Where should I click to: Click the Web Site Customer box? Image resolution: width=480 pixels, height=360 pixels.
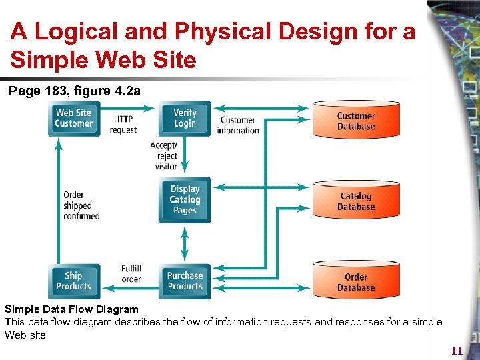point(73,118)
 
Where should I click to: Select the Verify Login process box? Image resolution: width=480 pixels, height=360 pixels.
point(185,118)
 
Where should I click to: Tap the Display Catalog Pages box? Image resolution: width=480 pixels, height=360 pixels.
point(185,199)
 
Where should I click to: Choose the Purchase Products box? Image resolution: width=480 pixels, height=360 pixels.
point(185,281)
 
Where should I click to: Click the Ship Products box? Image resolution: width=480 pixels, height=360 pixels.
point(73,281)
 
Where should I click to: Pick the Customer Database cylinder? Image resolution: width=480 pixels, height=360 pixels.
point(356,121)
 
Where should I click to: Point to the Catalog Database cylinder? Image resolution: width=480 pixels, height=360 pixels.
point(356,201)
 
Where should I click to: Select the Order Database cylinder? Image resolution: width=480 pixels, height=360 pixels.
point(356,281)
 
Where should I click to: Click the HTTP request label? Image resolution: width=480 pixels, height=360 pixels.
point(123,125)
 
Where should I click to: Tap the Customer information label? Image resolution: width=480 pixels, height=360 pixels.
point(238,125)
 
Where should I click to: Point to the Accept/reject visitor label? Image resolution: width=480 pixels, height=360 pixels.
point(164,155)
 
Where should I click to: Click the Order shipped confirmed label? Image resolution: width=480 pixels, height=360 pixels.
point(81,205)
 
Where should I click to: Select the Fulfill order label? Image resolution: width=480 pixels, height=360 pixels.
point(131,273)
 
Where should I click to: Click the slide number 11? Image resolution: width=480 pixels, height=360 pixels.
point(457,351)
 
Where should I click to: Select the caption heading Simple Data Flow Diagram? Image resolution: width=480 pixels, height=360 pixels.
point(71,309)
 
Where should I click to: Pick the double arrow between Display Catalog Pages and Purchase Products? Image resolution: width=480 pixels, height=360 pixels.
point(185,243)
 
